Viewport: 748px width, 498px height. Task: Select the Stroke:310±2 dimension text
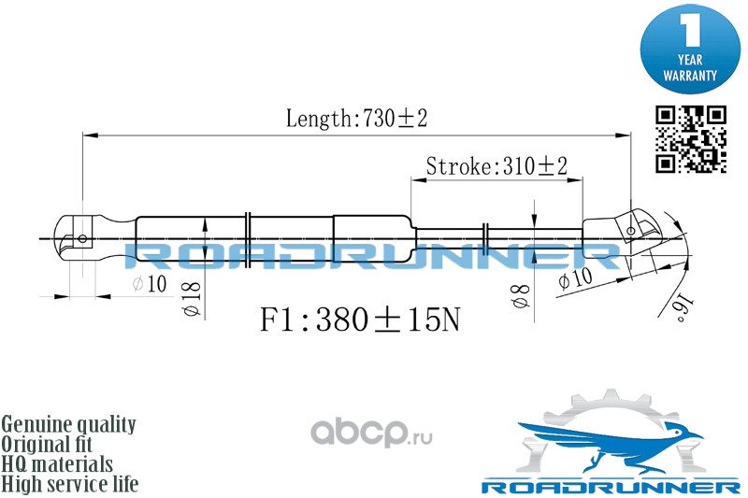(x=496, y=166)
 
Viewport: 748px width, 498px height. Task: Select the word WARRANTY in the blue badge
(x=691, y=74)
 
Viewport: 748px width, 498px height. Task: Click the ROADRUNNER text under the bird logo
(x=609, y=487)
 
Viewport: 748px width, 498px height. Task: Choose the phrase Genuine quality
(x=69, y=424)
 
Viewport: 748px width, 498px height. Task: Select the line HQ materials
(x=58, y=463)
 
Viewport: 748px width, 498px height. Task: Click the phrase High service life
(x=70, y=484)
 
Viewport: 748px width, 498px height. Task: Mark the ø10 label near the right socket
(x=574, y=279)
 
